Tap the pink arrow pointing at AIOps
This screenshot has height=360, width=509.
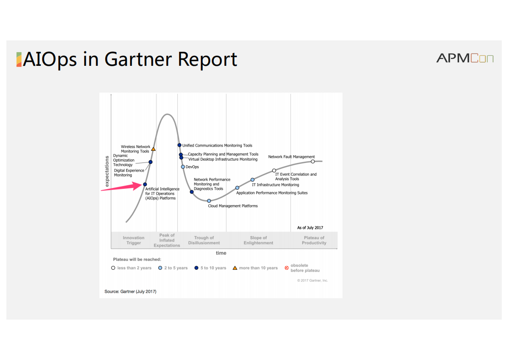[x=122, y=187]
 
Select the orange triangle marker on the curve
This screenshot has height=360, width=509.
[x=153, y=149]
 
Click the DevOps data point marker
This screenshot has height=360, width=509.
[x=183, y=167]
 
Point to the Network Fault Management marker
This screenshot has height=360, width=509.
[x=313, y=162]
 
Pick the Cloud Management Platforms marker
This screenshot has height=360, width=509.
[x=209, y=201]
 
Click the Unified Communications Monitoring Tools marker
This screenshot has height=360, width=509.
[x=179, y=145]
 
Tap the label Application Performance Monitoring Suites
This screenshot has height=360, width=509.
[x=272, y=192]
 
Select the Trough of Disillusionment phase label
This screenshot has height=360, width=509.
[x=204, y=240]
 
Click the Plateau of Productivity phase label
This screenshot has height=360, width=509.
[x=314, y=240]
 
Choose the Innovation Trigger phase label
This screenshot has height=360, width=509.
[x=133, y=240]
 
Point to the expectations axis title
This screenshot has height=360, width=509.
[x=107, y=171]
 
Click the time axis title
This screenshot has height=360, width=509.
[x=221, y=253]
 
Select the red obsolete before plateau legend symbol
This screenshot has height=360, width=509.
[x=287, y=268]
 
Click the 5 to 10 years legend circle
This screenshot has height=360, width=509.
[x=196, y=268]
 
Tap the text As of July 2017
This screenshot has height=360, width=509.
[x=310, y=228]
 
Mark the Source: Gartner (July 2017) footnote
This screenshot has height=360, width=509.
[x=130, y=291]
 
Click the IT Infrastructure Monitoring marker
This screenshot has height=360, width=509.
[x=253, y=180]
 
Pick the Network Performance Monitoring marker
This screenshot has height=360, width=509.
[x=191, y=192]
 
